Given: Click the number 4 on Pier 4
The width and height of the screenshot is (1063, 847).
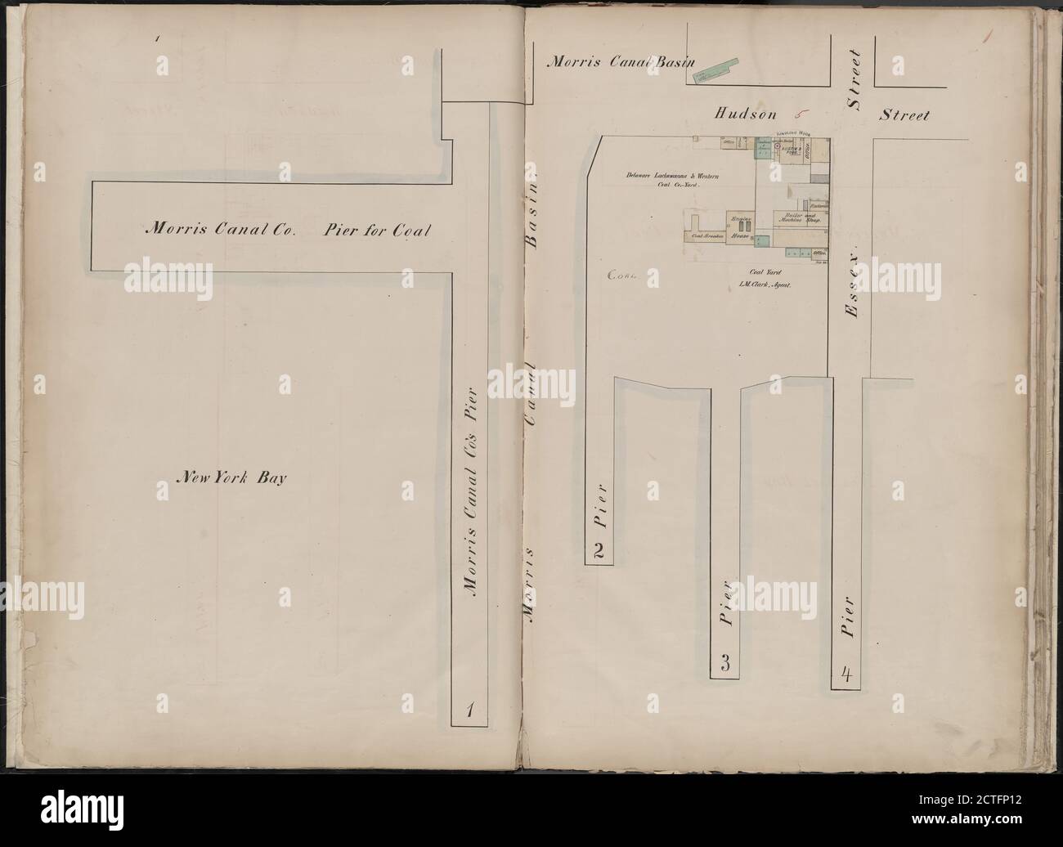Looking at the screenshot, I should [846, 675].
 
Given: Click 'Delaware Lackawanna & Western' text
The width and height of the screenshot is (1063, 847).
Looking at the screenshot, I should [673, 175].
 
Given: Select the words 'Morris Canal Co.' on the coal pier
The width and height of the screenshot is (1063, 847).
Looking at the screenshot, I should [218, 231].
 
